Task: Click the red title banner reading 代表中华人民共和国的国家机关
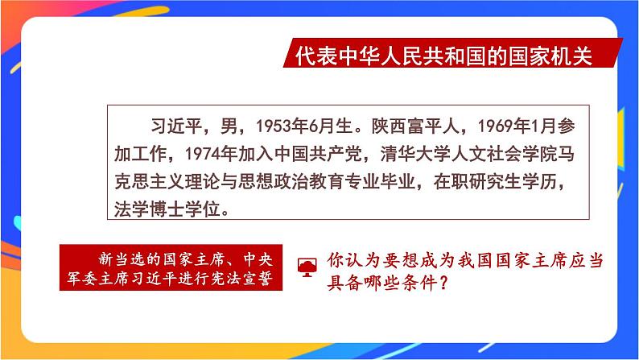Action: (x=443, y=57)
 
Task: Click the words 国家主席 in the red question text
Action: (x=505, y=261)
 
